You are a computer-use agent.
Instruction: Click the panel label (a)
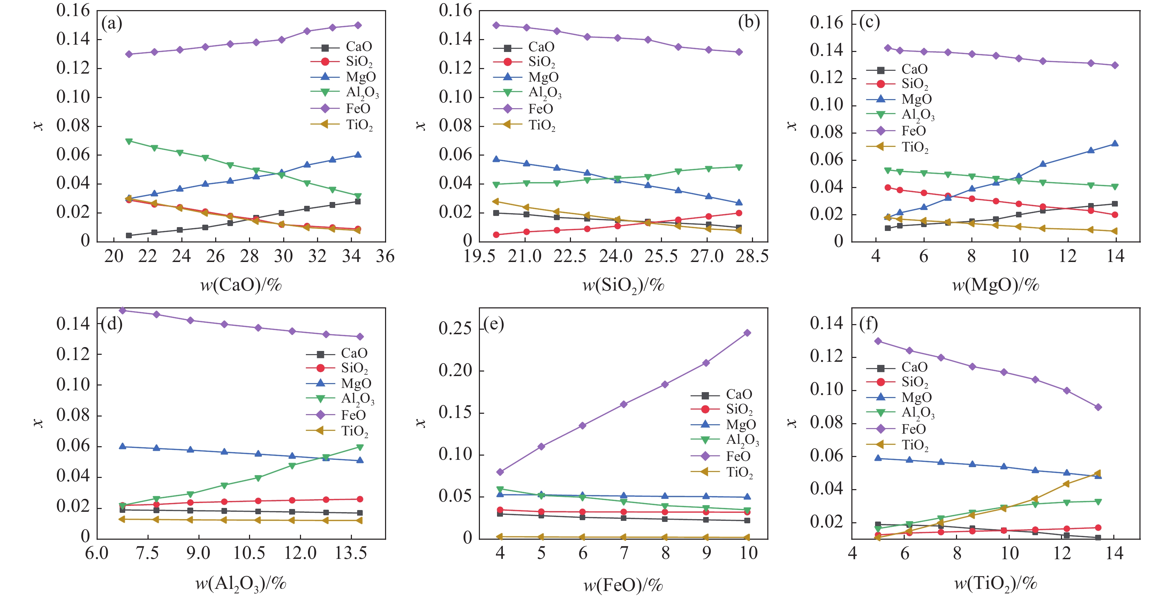click(x=112, y=23)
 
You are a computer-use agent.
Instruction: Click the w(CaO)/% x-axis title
click(x=241, y=285)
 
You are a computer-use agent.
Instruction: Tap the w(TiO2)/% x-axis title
click(x=996, y=583)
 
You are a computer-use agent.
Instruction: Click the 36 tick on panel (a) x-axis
click(x=385, y=256)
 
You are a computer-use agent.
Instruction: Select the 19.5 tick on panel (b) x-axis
click(x=479, y=256)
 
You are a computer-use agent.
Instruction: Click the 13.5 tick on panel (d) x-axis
click(x=350, y=553)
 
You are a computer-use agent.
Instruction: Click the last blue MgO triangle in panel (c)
click(x=1115, y=144)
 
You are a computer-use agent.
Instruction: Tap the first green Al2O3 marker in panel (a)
click(x=129, y=141)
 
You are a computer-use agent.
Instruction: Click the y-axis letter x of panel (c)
click(x=791, y=126)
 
